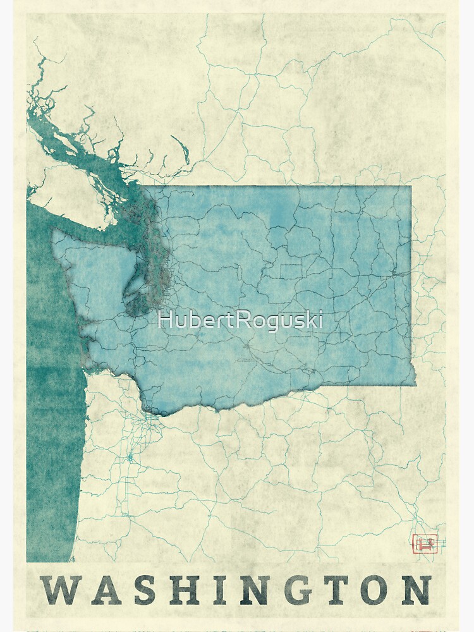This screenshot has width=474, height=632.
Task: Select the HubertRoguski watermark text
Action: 240,320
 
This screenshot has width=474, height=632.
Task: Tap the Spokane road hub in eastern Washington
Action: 395,273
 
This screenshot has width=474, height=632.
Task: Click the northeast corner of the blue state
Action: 411,186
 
